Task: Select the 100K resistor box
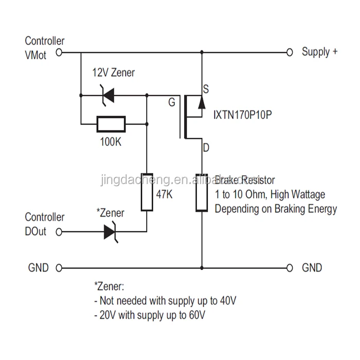tap(110, 123)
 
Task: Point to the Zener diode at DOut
tap(110, 231)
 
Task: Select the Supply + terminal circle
tap(290, 52)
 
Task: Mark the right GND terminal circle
tap(290, 268)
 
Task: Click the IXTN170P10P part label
tap(242, 117)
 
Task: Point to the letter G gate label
tap(171, 101)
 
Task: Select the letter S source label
tap(206, 89)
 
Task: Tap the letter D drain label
tap(206, 149)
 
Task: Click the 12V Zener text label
tap(113, 73)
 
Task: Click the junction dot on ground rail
tap(201, 268)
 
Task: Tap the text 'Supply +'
tap(320, 52)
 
